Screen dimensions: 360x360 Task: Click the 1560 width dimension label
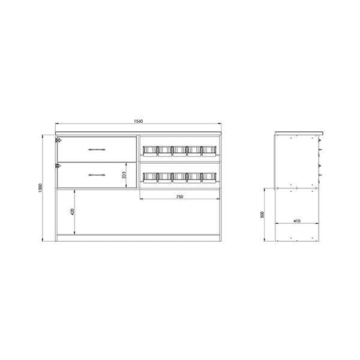tap(139, 121)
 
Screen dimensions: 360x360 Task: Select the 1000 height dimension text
tap(41, 188)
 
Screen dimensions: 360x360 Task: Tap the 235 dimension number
tap(124, 175)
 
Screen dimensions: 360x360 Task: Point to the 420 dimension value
tap(73, 212)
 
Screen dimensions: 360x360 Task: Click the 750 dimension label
tap(179, 197)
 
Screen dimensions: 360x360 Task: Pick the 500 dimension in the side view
tap(263, 214)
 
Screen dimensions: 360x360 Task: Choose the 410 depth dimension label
tap(297, 221)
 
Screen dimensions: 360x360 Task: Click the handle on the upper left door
tap(97, 149)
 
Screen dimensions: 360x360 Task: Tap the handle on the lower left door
tap(97, 175)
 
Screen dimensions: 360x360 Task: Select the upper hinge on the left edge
tap(58, 140)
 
